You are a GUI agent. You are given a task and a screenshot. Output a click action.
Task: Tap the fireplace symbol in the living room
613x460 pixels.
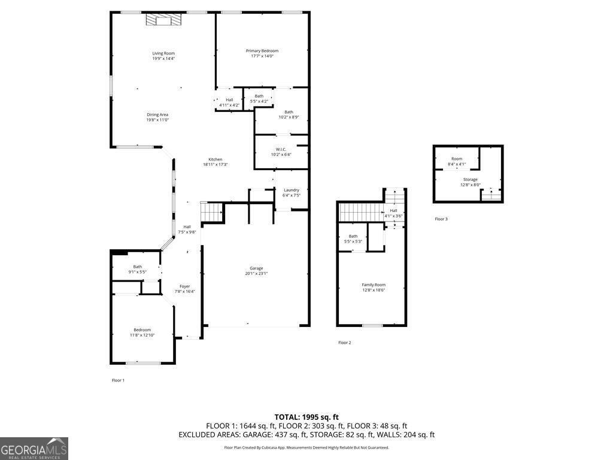click(163, 20)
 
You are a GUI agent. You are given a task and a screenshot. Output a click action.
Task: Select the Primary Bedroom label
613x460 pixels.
click(262, 51)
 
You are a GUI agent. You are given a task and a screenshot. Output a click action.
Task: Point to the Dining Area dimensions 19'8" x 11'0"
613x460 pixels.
click(157, 120)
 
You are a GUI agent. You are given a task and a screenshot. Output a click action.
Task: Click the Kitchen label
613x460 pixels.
click(216, 159)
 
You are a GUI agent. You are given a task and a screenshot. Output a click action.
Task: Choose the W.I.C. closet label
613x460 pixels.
click(281, 149)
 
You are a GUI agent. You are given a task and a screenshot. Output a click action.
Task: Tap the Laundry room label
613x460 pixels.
click(292, 190)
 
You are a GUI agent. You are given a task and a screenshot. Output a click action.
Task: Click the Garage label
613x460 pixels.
click(256, 268)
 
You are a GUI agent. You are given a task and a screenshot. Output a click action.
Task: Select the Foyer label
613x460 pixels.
click(185, 286)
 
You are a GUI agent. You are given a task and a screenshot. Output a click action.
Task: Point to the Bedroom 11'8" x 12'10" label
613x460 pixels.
click(142, 335)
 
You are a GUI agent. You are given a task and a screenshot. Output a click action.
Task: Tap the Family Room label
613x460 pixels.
click(374, 285)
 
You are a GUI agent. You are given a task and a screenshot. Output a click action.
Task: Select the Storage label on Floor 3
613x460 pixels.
click(470, 180)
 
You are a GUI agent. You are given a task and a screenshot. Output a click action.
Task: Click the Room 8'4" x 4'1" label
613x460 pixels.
click(457, 159)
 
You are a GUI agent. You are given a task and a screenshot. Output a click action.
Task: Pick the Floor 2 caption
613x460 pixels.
click(344, 343)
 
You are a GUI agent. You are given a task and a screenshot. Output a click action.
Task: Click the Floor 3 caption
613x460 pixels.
click(441, 219)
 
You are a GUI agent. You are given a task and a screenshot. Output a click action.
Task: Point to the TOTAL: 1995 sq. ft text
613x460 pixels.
click(306, 417)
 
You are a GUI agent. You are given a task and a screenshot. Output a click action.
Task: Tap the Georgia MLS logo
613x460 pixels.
click(34, 449)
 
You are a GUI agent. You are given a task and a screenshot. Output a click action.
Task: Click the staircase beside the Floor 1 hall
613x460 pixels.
click(211, 211)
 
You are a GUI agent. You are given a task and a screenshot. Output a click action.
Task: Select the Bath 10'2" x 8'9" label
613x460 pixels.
click(289, 112)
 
